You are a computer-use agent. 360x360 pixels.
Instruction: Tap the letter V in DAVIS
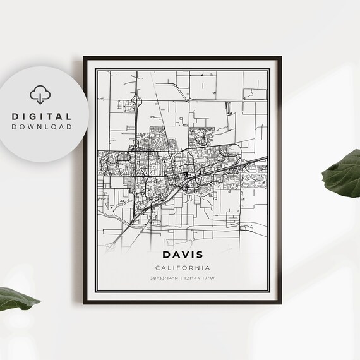click(x=183, y=256)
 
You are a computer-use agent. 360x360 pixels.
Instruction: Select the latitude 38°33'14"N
click(x=164, y=278)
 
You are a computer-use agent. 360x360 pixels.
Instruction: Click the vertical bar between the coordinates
click(x=181, y=278)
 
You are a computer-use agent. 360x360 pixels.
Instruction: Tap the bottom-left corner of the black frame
click(x=84, y=304)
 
